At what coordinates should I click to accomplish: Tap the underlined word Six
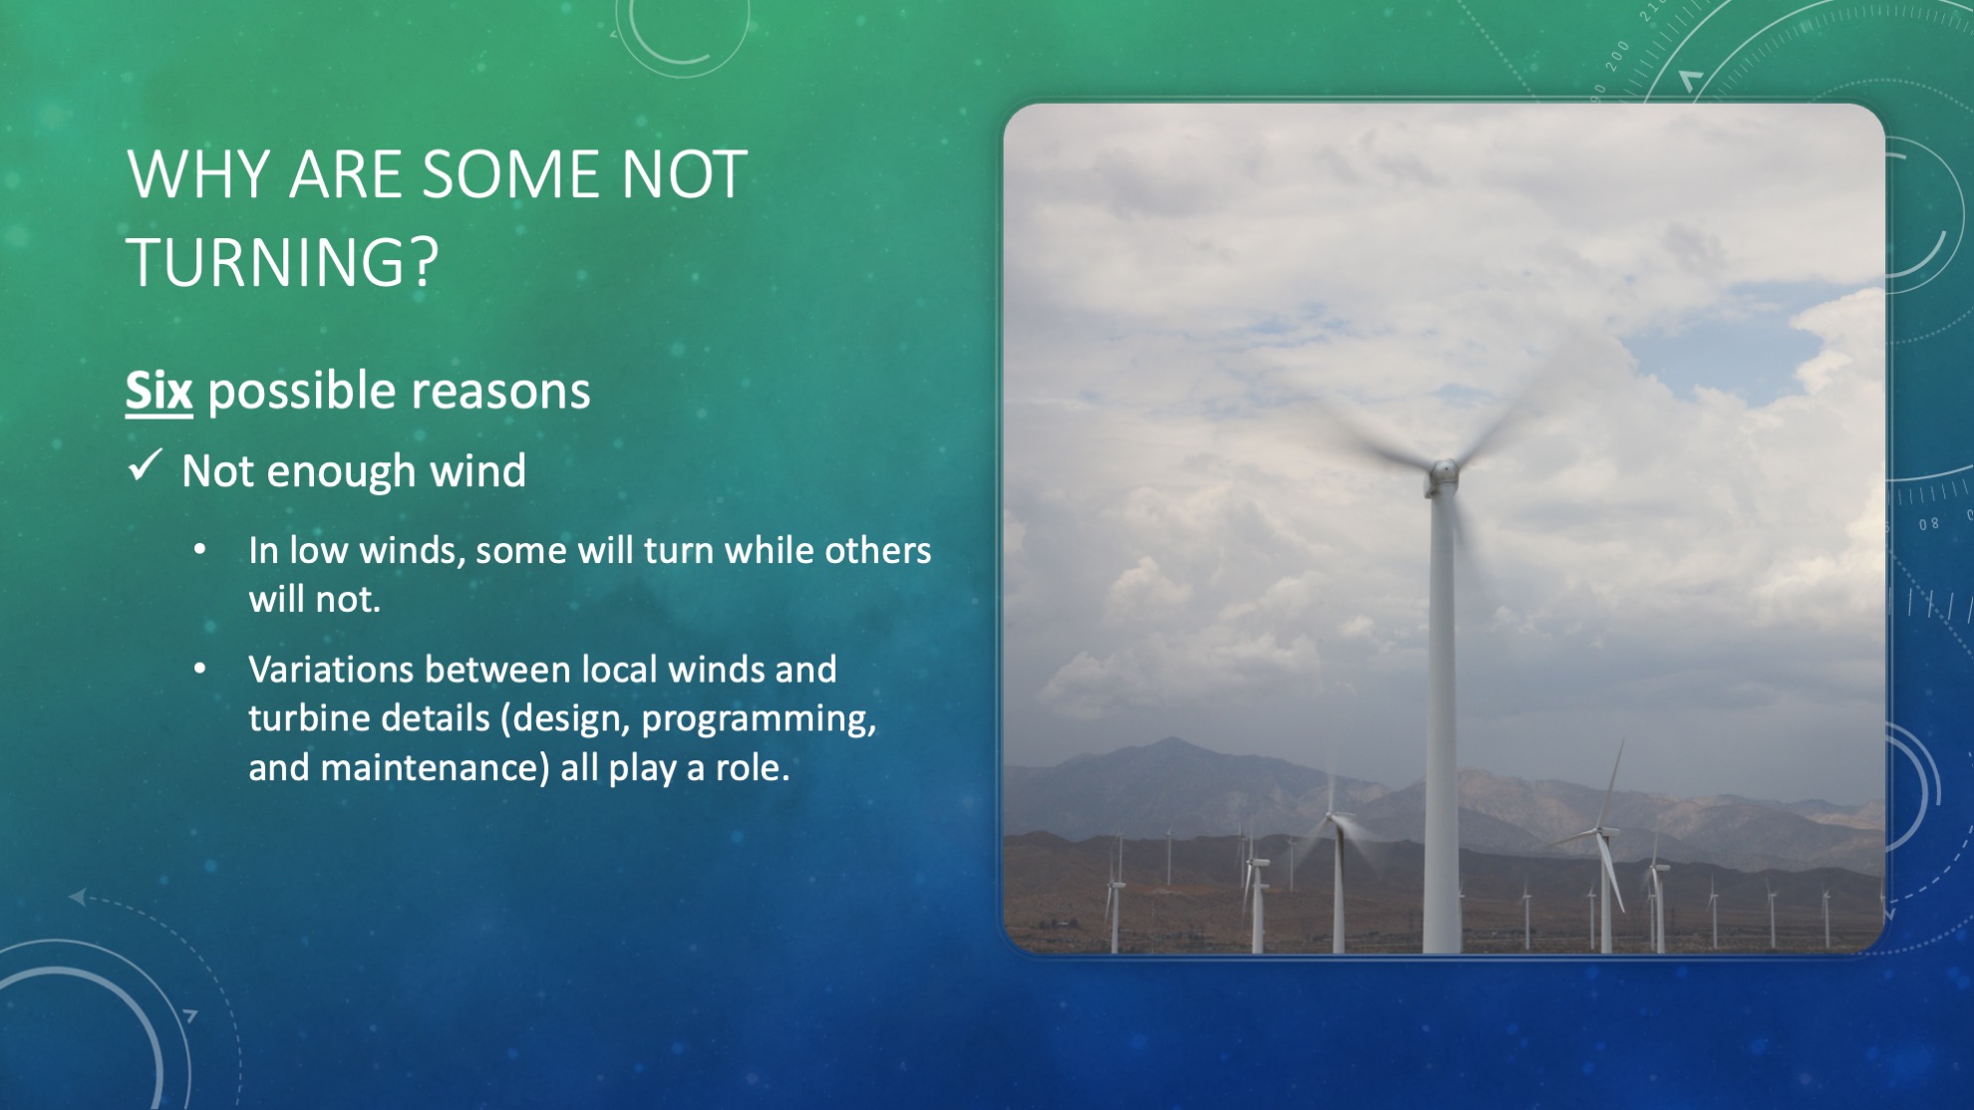tap(159, 390)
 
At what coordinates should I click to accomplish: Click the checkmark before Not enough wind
tap(146, 465)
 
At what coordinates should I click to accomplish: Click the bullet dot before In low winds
tap(200, 549)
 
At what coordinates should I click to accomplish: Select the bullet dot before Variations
tap(200, 669)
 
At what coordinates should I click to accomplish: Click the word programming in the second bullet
tap(759, 719)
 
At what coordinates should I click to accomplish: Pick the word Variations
tap(331, 670)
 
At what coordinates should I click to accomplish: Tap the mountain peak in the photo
tap(1172, 739)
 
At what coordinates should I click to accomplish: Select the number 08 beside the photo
tap(1929, 524)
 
